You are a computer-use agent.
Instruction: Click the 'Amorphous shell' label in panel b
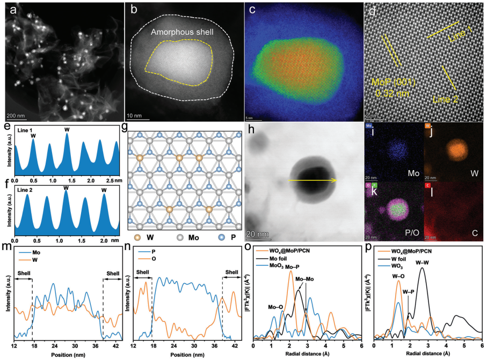click(x=182, y=32)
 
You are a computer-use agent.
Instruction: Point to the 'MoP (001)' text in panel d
click(x=394, y=82)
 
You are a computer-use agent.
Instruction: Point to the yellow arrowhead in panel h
click(x=335, y=181)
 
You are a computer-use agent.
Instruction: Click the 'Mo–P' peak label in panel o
click(x=296, y=266)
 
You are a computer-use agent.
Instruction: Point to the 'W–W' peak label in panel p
click(x=423, y=263)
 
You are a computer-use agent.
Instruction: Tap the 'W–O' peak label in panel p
click(x=398, y=276)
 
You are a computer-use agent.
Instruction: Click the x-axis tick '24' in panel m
click(x=54, y=347)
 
